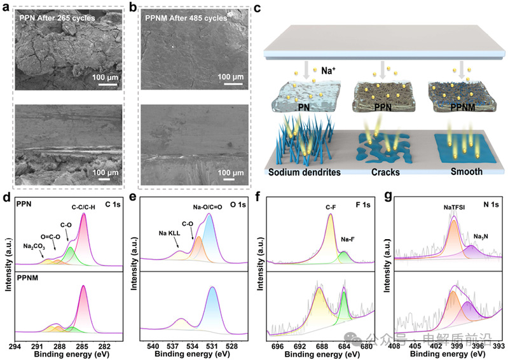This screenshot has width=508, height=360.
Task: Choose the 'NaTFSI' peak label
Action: click(x=454, y=207)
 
